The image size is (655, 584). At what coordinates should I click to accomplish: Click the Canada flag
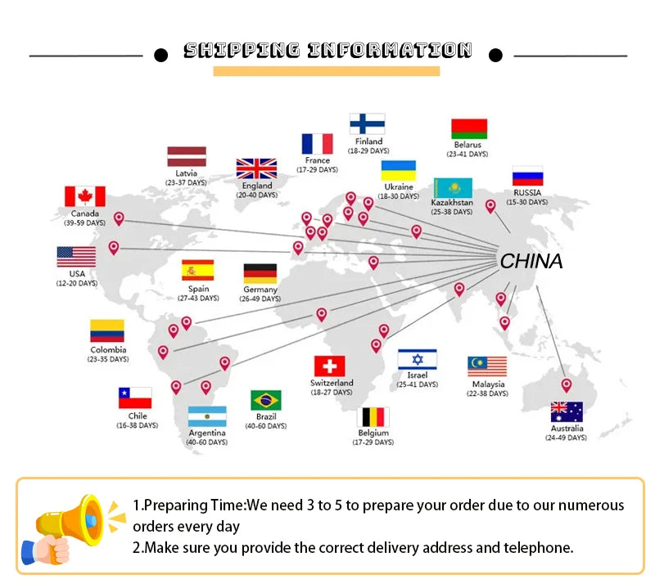tap(85, 196)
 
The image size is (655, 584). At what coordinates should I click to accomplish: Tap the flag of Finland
tap(367, 124)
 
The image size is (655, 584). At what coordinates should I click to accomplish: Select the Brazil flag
tap(265, 400)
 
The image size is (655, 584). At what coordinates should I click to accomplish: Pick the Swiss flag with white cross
tap(330, 366)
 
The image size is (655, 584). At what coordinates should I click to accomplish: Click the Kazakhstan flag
tap(453, 188)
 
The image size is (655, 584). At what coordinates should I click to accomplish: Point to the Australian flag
tap(567, 412)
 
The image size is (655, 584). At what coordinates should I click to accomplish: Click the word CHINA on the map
tap(531, 261)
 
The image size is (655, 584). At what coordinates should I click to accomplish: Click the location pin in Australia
tap(566, 385)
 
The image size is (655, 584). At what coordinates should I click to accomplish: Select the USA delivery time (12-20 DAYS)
tap(77, 284)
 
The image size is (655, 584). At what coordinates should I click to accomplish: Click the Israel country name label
tap(418, 375)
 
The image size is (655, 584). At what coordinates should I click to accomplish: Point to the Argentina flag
tap(207, 416)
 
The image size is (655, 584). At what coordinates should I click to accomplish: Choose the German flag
tap(260, 273)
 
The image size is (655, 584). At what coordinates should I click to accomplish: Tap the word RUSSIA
tap(527, 192)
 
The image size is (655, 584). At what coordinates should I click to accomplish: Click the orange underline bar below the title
tap(327, 71)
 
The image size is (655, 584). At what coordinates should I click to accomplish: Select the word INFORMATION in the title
tap(391, 50)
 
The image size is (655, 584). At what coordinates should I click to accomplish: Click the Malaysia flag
tap(487, 366)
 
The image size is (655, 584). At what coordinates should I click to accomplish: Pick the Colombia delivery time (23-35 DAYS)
tap(108, 359)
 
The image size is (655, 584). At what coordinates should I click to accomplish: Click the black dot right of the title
tap(495, 55)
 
